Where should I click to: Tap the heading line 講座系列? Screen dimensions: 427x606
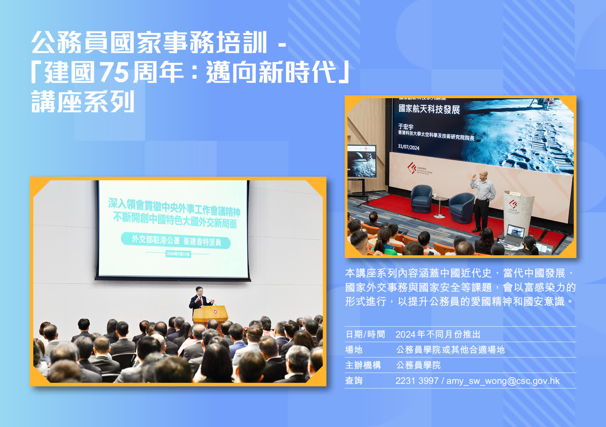pos(83,102)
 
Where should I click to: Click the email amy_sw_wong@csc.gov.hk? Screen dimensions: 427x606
pos(503,381)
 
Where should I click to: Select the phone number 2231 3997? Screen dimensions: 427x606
pos(417,381)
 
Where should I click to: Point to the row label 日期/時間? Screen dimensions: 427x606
pos(365,334)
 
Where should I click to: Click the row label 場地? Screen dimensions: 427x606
pos(354,350)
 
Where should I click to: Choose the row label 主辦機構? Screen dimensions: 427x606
pos(363,365)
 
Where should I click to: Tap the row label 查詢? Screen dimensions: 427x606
pos(354,381)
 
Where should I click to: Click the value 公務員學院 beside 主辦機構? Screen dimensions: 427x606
pos(418,365)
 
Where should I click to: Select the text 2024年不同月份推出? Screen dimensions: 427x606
pos(438,334)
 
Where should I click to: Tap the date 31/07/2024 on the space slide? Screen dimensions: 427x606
pos(409,147)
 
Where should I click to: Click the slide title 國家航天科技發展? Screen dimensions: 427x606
pos(429,109)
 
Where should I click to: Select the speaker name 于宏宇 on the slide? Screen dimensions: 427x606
pos(406,127)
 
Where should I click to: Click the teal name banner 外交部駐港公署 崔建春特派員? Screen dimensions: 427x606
pos(176,240)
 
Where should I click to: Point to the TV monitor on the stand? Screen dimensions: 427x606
pos(362,161)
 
